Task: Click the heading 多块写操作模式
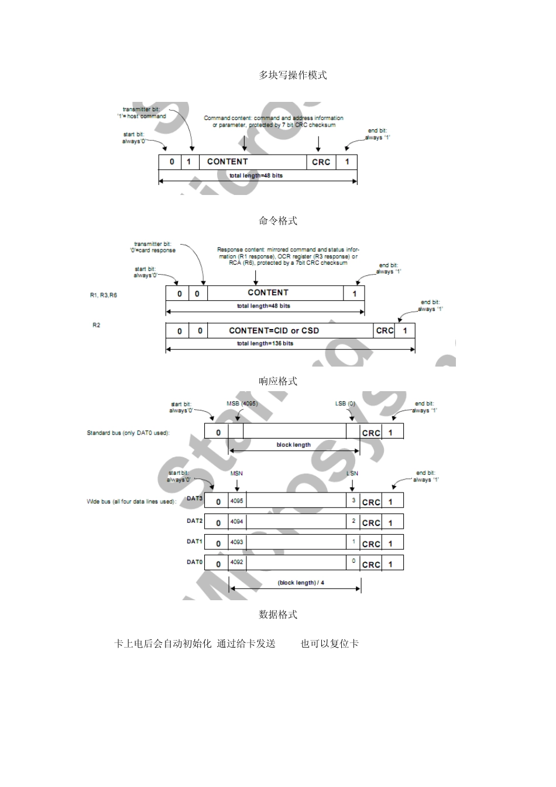[x=293, y=76]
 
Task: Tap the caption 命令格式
[x=278, y=221]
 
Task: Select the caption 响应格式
[x=278, y=381]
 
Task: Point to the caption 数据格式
[x=278, y=614]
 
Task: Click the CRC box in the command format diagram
[x=321, y=162]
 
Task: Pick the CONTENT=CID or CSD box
[x=274, y=331]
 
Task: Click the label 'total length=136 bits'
[x=265, y=344]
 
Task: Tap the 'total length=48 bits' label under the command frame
[x=256, y=176]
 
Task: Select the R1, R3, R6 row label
[x=104, y=295]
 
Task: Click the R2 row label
[x=97, y=325]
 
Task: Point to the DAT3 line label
[x=194, y=499]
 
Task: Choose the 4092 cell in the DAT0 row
[x=236, y=563]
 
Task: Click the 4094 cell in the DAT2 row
[x=236, y=521]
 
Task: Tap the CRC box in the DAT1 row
[x=371, y=544]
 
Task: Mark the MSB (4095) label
[x=242, y=403]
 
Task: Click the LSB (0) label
[x=345, y=403]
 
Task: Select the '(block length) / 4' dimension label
[x=301, y=583]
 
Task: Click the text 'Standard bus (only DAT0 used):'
[x=128, y=433]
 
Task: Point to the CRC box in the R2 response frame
[x=385, y=331]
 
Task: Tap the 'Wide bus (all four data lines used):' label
[x=131, y=502]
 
